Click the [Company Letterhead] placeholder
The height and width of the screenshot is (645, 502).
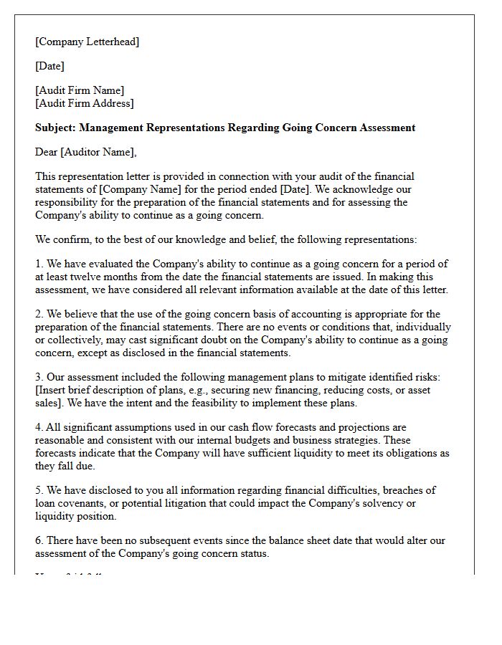tap(87, 42)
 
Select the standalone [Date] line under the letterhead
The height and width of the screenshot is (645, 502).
tap(49, 66)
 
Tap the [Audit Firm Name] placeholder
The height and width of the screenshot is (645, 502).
tap(79, 90)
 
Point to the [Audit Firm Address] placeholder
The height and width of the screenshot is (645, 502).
tap(84, 103)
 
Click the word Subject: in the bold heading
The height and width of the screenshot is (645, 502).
tap(55, 128)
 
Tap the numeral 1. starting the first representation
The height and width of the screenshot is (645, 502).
tap(39, 265)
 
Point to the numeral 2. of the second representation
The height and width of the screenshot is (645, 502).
tap(39, 314)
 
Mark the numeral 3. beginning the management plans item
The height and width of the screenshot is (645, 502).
tap(39, 377)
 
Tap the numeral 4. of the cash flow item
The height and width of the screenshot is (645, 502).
tap(39, 427)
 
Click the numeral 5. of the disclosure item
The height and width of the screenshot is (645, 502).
tap(39, 490)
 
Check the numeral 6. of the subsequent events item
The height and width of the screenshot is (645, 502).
tap(39, 540)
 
